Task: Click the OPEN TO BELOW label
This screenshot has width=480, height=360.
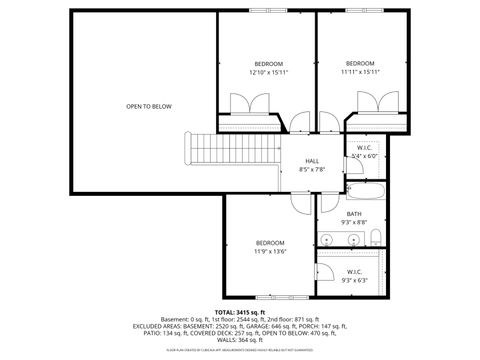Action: coord(148,106)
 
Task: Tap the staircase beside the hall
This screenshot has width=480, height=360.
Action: coord(208,150)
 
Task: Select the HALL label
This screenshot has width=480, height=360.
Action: coord(311,161)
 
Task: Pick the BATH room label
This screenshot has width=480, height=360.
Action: coord(354,213)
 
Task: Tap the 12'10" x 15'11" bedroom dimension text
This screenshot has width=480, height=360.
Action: coord(268,72)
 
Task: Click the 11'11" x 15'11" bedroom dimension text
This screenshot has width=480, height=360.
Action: coord(359,72)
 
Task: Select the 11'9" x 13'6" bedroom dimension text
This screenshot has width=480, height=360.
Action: coord(271,252)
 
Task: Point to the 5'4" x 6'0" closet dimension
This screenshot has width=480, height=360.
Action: coord(365,156)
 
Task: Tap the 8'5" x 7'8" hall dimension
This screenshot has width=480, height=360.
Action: coord(311,169)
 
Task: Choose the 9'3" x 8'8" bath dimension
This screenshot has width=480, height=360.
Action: coord(354,222)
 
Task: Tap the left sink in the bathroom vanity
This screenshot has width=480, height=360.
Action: coord(328,240)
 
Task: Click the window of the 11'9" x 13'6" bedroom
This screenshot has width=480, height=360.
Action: coord(270,298)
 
